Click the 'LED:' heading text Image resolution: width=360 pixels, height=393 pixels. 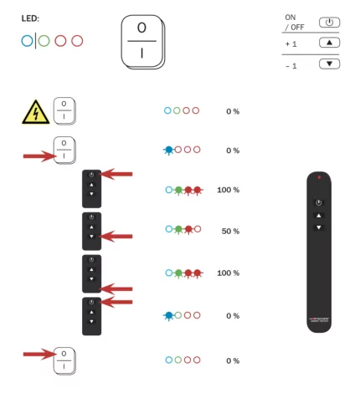point(30,18)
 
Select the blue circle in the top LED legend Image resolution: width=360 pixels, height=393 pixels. point(27,40)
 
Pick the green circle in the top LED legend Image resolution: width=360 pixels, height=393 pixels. point(44,40)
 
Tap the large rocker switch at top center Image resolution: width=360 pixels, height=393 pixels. point(142,41)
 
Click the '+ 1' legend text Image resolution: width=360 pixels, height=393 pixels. point(292,43)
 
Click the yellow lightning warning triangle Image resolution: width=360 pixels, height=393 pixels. point(34,110)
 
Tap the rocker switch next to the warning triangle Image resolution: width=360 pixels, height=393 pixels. point(64,110)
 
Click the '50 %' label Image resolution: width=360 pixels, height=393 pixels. point(229,230)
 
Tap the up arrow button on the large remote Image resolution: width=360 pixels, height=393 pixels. point(318,215)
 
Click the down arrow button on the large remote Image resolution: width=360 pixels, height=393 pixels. point(318,227)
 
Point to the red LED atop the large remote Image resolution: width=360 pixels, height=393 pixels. point(318,178)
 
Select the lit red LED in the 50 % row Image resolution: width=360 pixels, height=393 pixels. point(188,229)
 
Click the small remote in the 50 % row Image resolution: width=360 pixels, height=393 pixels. point(91,230)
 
